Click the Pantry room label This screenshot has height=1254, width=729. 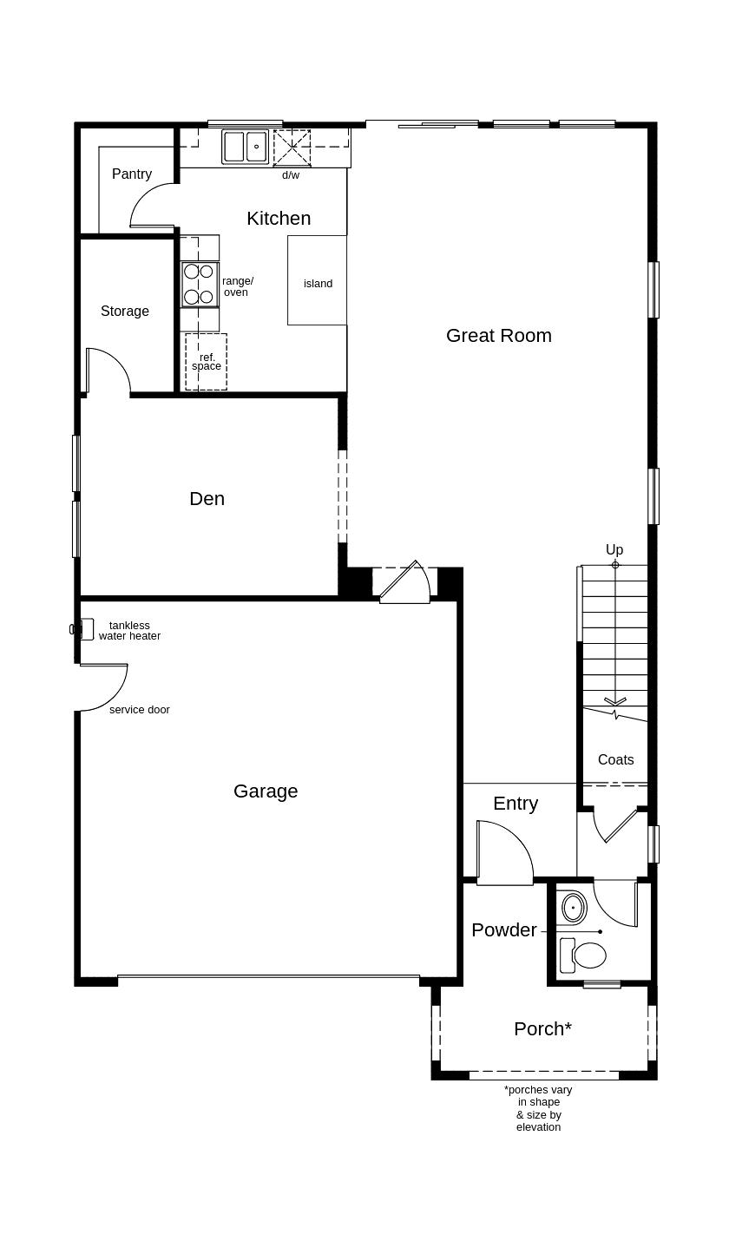(x=132, y=174)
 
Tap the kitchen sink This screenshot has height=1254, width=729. (x=245, y=147)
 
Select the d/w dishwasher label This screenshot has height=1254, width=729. (x=291, y=175)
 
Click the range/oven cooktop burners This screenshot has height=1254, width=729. (x=199, y=285)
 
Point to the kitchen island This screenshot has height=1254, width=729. (x=317, y=280)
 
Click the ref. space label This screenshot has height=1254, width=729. (x=207, y=362)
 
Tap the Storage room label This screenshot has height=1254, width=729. (x=125, y=312)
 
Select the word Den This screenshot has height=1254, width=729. (x=207, y=499)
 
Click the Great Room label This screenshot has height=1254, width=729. (x=499, y=335)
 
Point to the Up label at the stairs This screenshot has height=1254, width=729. (x=614, y=549)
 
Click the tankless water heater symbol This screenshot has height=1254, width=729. (x=82, y=628)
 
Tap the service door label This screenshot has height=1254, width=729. (x=140, y=710)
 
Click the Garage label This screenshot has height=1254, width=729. (x=266, y=791)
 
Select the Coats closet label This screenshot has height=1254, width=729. (x=616, y=759)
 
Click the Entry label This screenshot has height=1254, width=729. (x=516, y=804)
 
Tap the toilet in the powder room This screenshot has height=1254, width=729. (x=583, y=955)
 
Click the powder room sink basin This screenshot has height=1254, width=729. (x=574, y=907)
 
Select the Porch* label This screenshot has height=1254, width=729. (x=543, y=1029)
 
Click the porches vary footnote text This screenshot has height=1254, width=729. (x=539, y=1108)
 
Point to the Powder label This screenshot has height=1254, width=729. (x=504, y=929)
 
